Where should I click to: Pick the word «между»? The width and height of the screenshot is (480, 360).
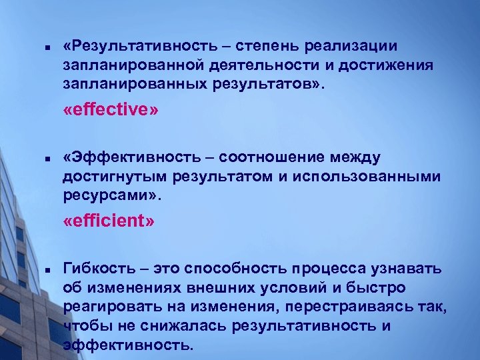[x=356, y=158]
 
